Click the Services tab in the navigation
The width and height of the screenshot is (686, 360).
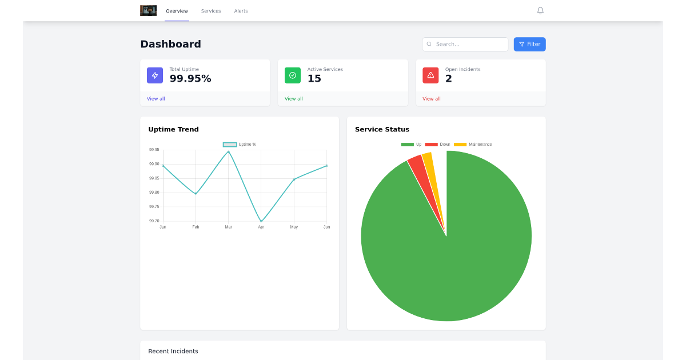click(211, 11)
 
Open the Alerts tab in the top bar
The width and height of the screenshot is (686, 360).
click(241, 11)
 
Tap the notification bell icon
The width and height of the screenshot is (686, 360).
click(540, 11)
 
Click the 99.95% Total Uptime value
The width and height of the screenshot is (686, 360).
click(190, 79)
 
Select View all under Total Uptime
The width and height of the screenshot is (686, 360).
click(156, 99)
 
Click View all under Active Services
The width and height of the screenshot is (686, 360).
click(294, 99)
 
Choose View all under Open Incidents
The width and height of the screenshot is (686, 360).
click(432, 99)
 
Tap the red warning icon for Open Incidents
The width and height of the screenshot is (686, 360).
click(430, 75)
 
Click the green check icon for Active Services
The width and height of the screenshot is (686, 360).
click(293, 75)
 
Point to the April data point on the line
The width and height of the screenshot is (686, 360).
click(261, 221)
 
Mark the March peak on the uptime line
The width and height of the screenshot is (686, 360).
click(229, 151)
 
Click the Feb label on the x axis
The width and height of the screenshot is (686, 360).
click(196, 227)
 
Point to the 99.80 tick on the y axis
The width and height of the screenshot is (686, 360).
click(154, 193)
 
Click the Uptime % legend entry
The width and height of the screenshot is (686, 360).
click(240, 145)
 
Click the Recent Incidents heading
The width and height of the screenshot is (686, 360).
click(173, 351)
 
